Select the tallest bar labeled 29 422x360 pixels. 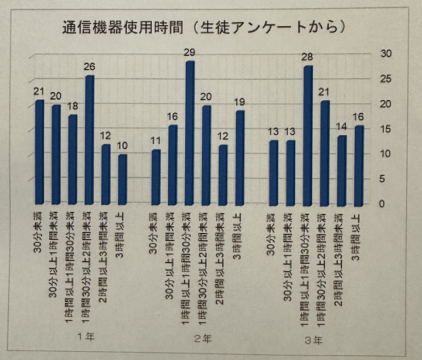click(190, 133)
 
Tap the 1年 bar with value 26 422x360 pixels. click(90, 140)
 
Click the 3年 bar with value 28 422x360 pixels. click(308, 135)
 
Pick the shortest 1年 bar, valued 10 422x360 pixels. click(122, 179)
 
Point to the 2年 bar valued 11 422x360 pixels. click(156, 176)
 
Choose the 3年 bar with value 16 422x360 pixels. click(359, 165)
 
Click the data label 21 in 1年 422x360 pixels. click(39, 91)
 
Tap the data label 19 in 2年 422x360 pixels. click(240, 102)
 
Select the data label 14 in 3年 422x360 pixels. click(342, 127)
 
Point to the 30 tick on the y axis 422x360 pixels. click(386, 54)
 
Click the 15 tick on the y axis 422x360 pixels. click(386, 129)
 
